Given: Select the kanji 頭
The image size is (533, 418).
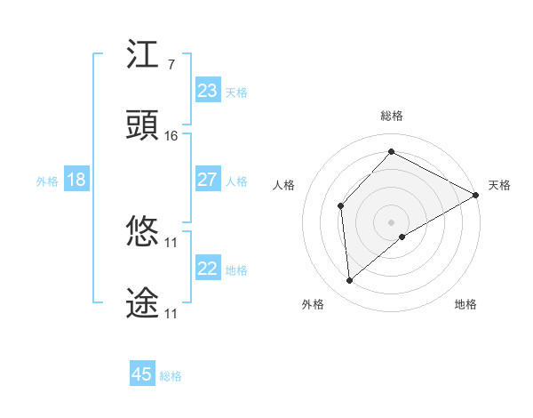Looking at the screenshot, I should click(143, 126).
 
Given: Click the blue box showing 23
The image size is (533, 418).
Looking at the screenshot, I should click(208, 91).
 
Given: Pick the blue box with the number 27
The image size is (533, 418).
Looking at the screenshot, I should click(208, 180).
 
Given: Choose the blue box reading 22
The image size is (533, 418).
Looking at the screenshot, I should click(208, 269).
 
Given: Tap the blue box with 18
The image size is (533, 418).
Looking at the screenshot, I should click(76, 180).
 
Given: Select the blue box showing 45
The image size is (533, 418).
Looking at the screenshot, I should click(142, 374).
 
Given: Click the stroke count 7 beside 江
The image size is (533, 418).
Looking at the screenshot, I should click(171, 65).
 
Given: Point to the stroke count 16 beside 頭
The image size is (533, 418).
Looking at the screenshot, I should click(171, 136).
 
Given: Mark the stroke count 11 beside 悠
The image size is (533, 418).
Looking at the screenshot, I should click(171, 243).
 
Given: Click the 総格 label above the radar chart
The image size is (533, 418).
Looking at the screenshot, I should click(392, 116).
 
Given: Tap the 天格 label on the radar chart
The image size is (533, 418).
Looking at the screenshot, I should click(499, 185).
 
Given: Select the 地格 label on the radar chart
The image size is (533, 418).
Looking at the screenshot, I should click(465, 304).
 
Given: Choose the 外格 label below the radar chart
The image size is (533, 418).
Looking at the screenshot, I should click(313, 304).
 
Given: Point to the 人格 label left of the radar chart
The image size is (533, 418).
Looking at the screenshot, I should click(284, 185).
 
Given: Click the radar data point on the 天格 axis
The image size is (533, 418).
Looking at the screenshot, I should click(476, 196).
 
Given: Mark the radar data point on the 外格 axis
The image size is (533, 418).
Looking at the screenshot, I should click(350, 281).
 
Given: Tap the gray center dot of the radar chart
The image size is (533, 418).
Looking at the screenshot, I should click(392, 221).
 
